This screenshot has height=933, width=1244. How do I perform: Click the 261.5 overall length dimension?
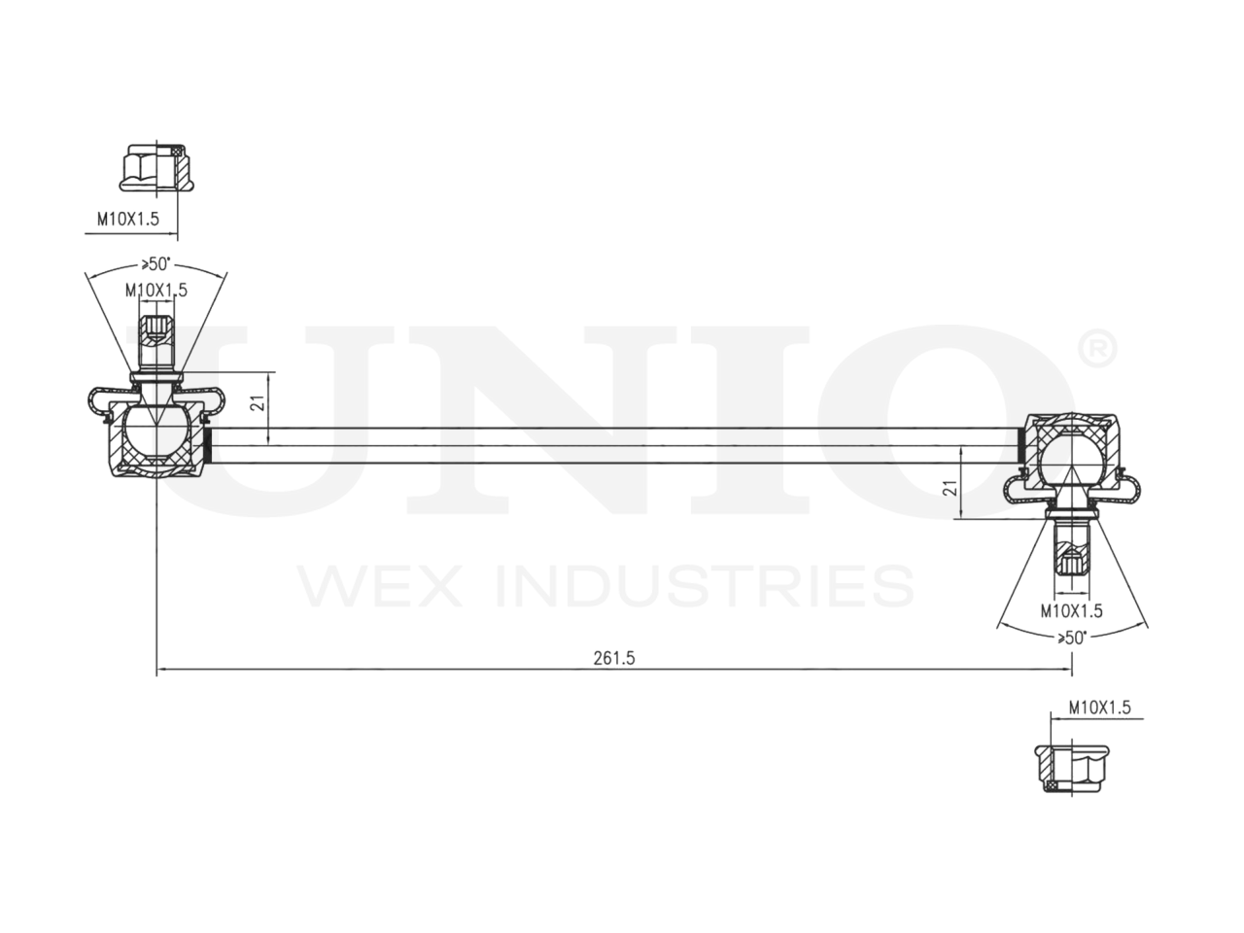point(613,658)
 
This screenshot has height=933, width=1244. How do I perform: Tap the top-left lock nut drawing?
point(153,168)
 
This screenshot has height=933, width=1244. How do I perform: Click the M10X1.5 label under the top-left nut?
point(127,221)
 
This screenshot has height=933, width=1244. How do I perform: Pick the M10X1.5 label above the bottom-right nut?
point(1099,708)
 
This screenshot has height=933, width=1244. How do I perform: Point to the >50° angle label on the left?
point(155,263)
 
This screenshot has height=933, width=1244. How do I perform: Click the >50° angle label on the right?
point(1071,637)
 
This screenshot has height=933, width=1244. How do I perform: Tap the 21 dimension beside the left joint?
point(257,402)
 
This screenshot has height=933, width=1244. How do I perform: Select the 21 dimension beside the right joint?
point(951,487)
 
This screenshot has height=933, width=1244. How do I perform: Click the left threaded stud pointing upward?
point(155,340)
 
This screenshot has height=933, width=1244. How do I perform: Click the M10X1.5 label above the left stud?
point(155,290)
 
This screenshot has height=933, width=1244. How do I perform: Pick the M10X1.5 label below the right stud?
point(1071,610)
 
